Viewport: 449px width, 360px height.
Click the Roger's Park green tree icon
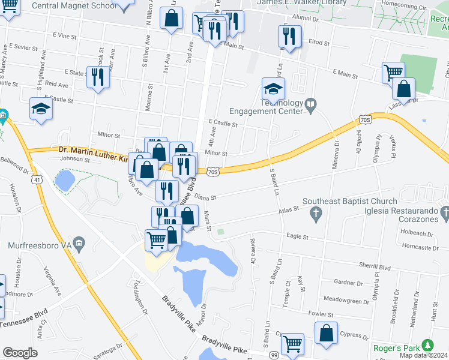427,345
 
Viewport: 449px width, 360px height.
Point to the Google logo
20,353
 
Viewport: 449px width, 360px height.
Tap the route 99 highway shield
273,355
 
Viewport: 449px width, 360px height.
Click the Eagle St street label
297,237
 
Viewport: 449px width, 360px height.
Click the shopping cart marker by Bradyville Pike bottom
292,344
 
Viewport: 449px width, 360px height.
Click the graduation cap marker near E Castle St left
41,108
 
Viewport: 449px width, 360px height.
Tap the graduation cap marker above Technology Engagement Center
273,89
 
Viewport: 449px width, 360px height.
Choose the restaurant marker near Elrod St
289,36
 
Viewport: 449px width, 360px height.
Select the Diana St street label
205,197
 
